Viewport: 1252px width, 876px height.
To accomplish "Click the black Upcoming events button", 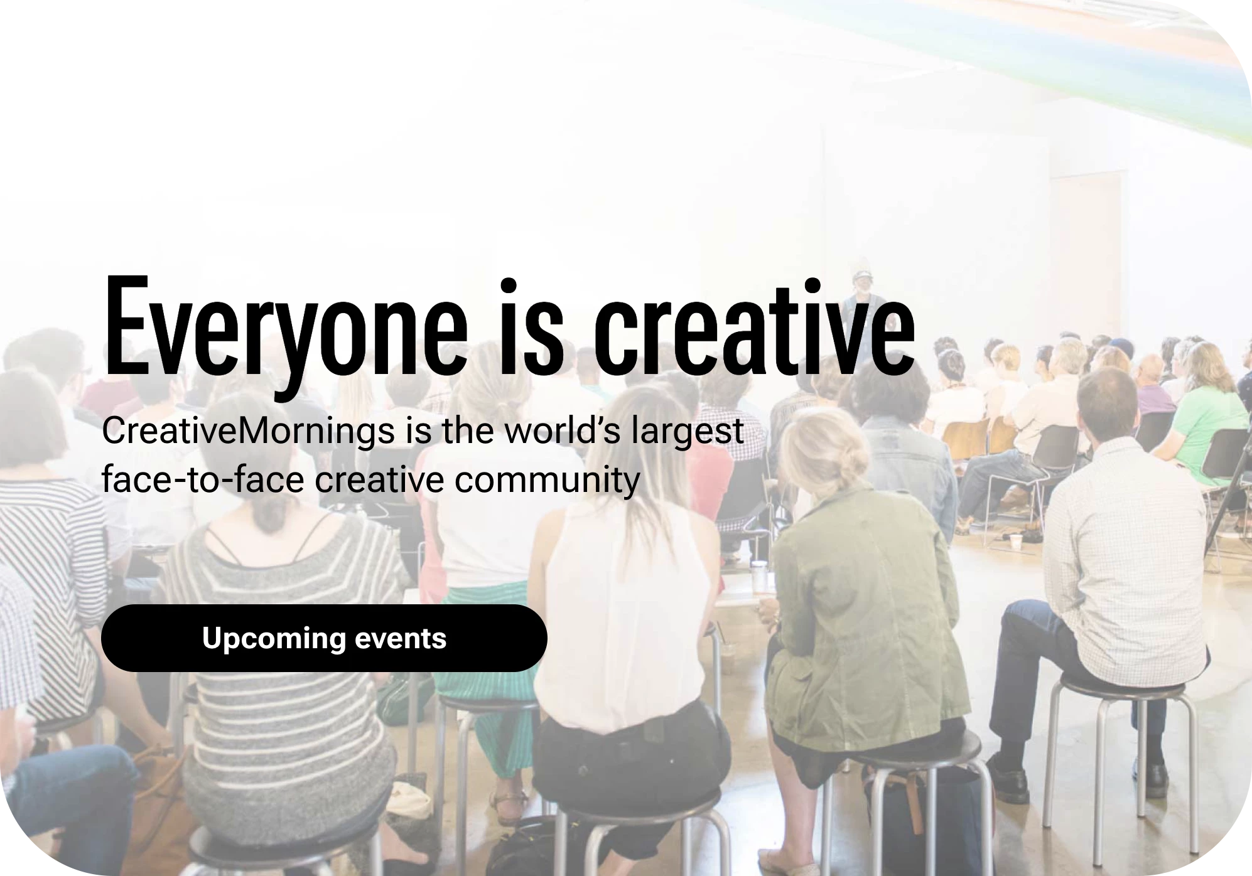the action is (x=324, y=638).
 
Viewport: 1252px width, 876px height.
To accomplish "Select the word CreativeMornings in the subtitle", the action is (x=248, y=432).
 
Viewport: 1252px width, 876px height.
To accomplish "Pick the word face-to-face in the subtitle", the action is (x=203, y=479).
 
